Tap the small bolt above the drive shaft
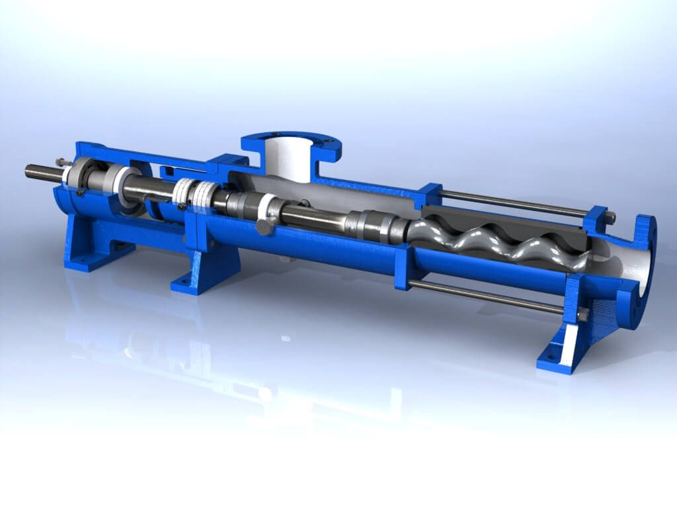pyautogui.click(x=61, y=161)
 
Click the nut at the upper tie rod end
pyautogui.click(x=610, y=216)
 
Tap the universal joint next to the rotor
pyautogui.click(x=373, y=226)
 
